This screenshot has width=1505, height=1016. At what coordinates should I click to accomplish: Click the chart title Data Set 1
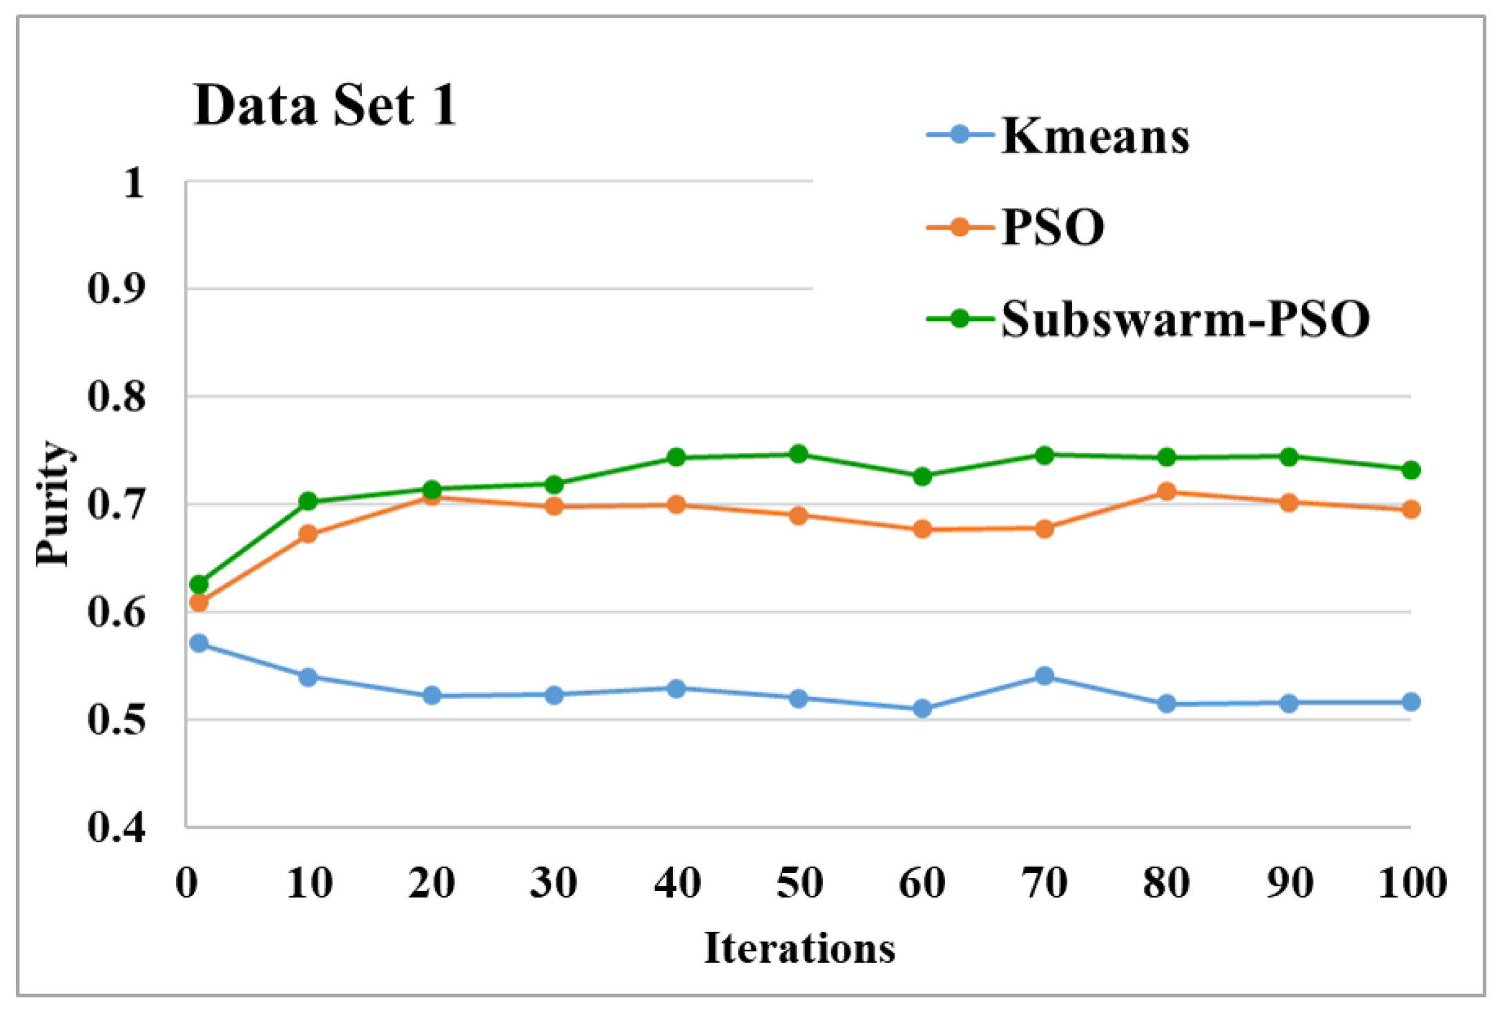(324, 105)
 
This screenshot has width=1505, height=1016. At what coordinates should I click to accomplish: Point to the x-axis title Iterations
(799, 948)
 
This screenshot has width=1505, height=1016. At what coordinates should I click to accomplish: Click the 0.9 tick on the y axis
(116, 289)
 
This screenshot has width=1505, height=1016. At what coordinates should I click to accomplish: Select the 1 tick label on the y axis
(133, 183)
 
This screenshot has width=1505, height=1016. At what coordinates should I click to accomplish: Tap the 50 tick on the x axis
(799, 883)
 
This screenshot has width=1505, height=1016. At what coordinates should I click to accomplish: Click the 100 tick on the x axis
(1412, 883)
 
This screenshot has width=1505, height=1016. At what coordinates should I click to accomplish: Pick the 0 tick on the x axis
(186, 883)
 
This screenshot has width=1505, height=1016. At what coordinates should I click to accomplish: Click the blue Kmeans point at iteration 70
(1045, 676)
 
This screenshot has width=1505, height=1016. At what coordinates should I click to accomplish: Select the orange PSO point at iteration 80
(1167, 491)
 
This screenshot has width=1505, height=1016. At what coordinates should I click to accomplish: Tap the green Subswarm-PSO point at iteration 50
(799, 453)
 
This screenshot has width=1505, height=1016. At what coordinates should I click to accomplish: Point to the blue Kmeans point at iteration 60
(922, 708)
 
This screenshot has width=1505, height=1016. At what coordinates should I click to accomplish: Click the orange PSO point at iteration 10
(309, 534)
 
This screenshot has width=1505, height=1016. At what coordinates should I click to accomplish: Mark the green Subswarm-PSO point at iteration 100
(1411, 470)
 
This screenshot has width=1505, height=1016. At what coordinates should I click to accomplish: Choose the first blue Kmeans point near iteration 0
(199, 643)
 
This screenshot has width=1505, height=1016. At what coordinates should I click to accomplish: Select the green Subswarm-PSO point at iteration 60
(922, 476)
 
